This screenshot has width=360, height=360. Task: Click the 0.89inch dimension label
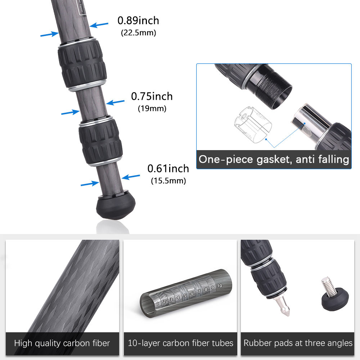pos(138,21)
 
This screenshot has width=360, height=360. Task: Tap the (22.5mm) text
pos(139,33)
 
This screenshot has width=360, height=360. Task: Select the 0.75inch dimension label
pos(152,96)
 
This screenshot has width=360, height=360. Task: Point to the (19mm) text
pos(152,108)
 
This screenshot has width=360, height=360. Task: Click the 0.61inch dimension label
pos(168,169)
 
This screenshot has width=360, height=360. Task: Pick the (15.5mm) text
pos(168,181)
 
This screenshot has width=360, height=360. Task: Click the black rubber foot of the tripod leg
pos(116,206)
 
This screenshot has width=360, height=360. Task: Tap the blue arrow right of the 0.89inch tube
pos(99,25)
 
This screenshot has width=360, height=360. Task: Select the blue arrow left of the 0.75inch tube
pos(71,112)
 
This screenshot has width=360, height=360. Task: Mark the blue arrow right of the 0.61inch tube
pos(131,176)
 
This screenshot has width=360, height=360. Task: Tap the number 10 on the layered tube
pos(220,286)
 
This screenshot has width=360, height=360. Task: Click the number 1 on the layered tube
pos(158,303)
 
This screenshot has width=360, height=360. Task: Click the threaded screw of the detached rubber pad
pos(329,285)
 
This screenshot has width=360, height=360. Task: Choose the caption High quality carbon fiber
pos(62,343)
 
